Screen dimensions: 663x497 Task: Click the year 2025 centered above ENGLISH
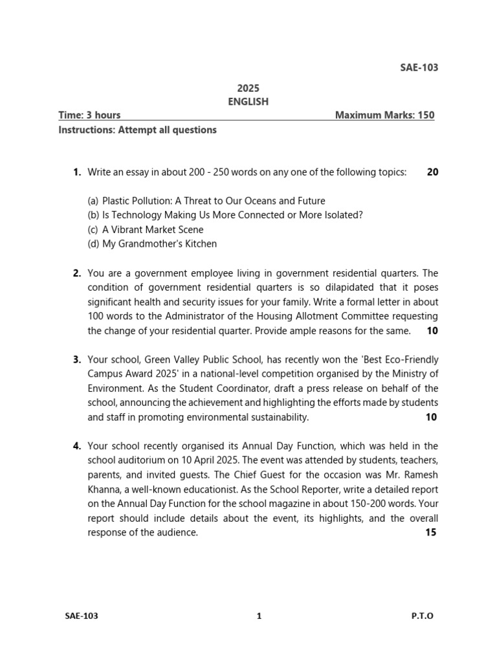click(x=248, y=88)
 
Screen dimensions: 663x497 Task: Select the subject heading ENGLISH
click(x=248, y=102)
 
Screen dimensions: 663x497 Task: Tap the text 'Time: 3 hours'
click(x=89, y=115)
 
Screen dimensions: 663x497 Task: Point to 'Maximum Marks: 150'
click(x=384, y=115)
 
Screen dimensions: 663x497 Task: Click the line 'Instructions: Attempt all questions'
click(x=137, y=129)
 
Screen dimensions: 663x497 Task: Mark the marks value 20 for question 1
click(x=432, y=172)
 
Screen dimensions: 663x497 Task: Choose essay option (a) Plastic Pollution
click(x=206, y=201)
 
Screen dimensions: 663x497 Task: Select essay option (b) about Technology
click(x=225, y=215)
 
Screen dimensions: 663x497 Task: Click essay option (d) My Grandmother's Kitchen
click(x=152, y=244)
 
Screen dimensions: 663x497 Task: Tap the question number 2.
click(x=77, y=273)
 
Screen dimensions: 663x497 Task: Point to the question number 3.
click(x=77, y=359)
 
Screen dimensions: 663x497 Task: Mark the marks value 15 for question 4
click(x=431, y=532)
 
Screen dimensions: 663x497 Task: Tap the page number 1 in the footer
click(x=259, y=616)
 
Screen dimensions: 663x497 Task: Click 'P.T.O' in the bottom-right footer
click(x=422, y=616)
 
